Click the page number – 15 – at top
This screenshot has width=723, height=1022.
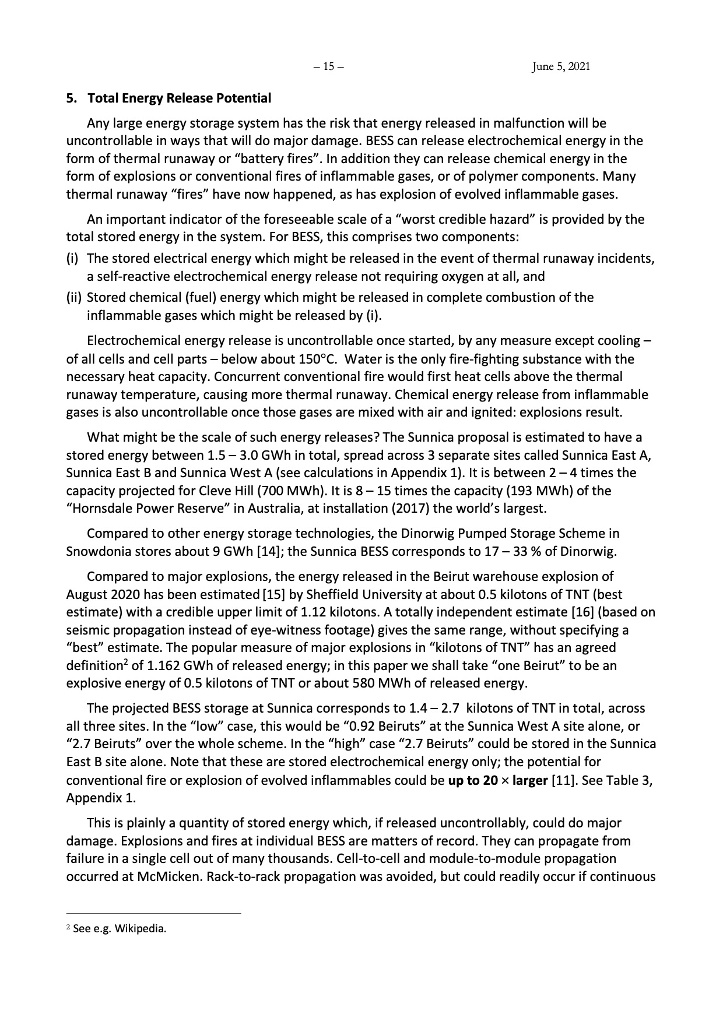pyautogui.click(x=328, y=67)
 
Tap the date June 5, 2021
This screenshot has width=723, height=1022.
pyautogui.click(x=561, y=67)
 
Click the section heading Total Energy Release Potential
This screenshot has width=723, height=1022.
pyautogui.click(x=179, y=98)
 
